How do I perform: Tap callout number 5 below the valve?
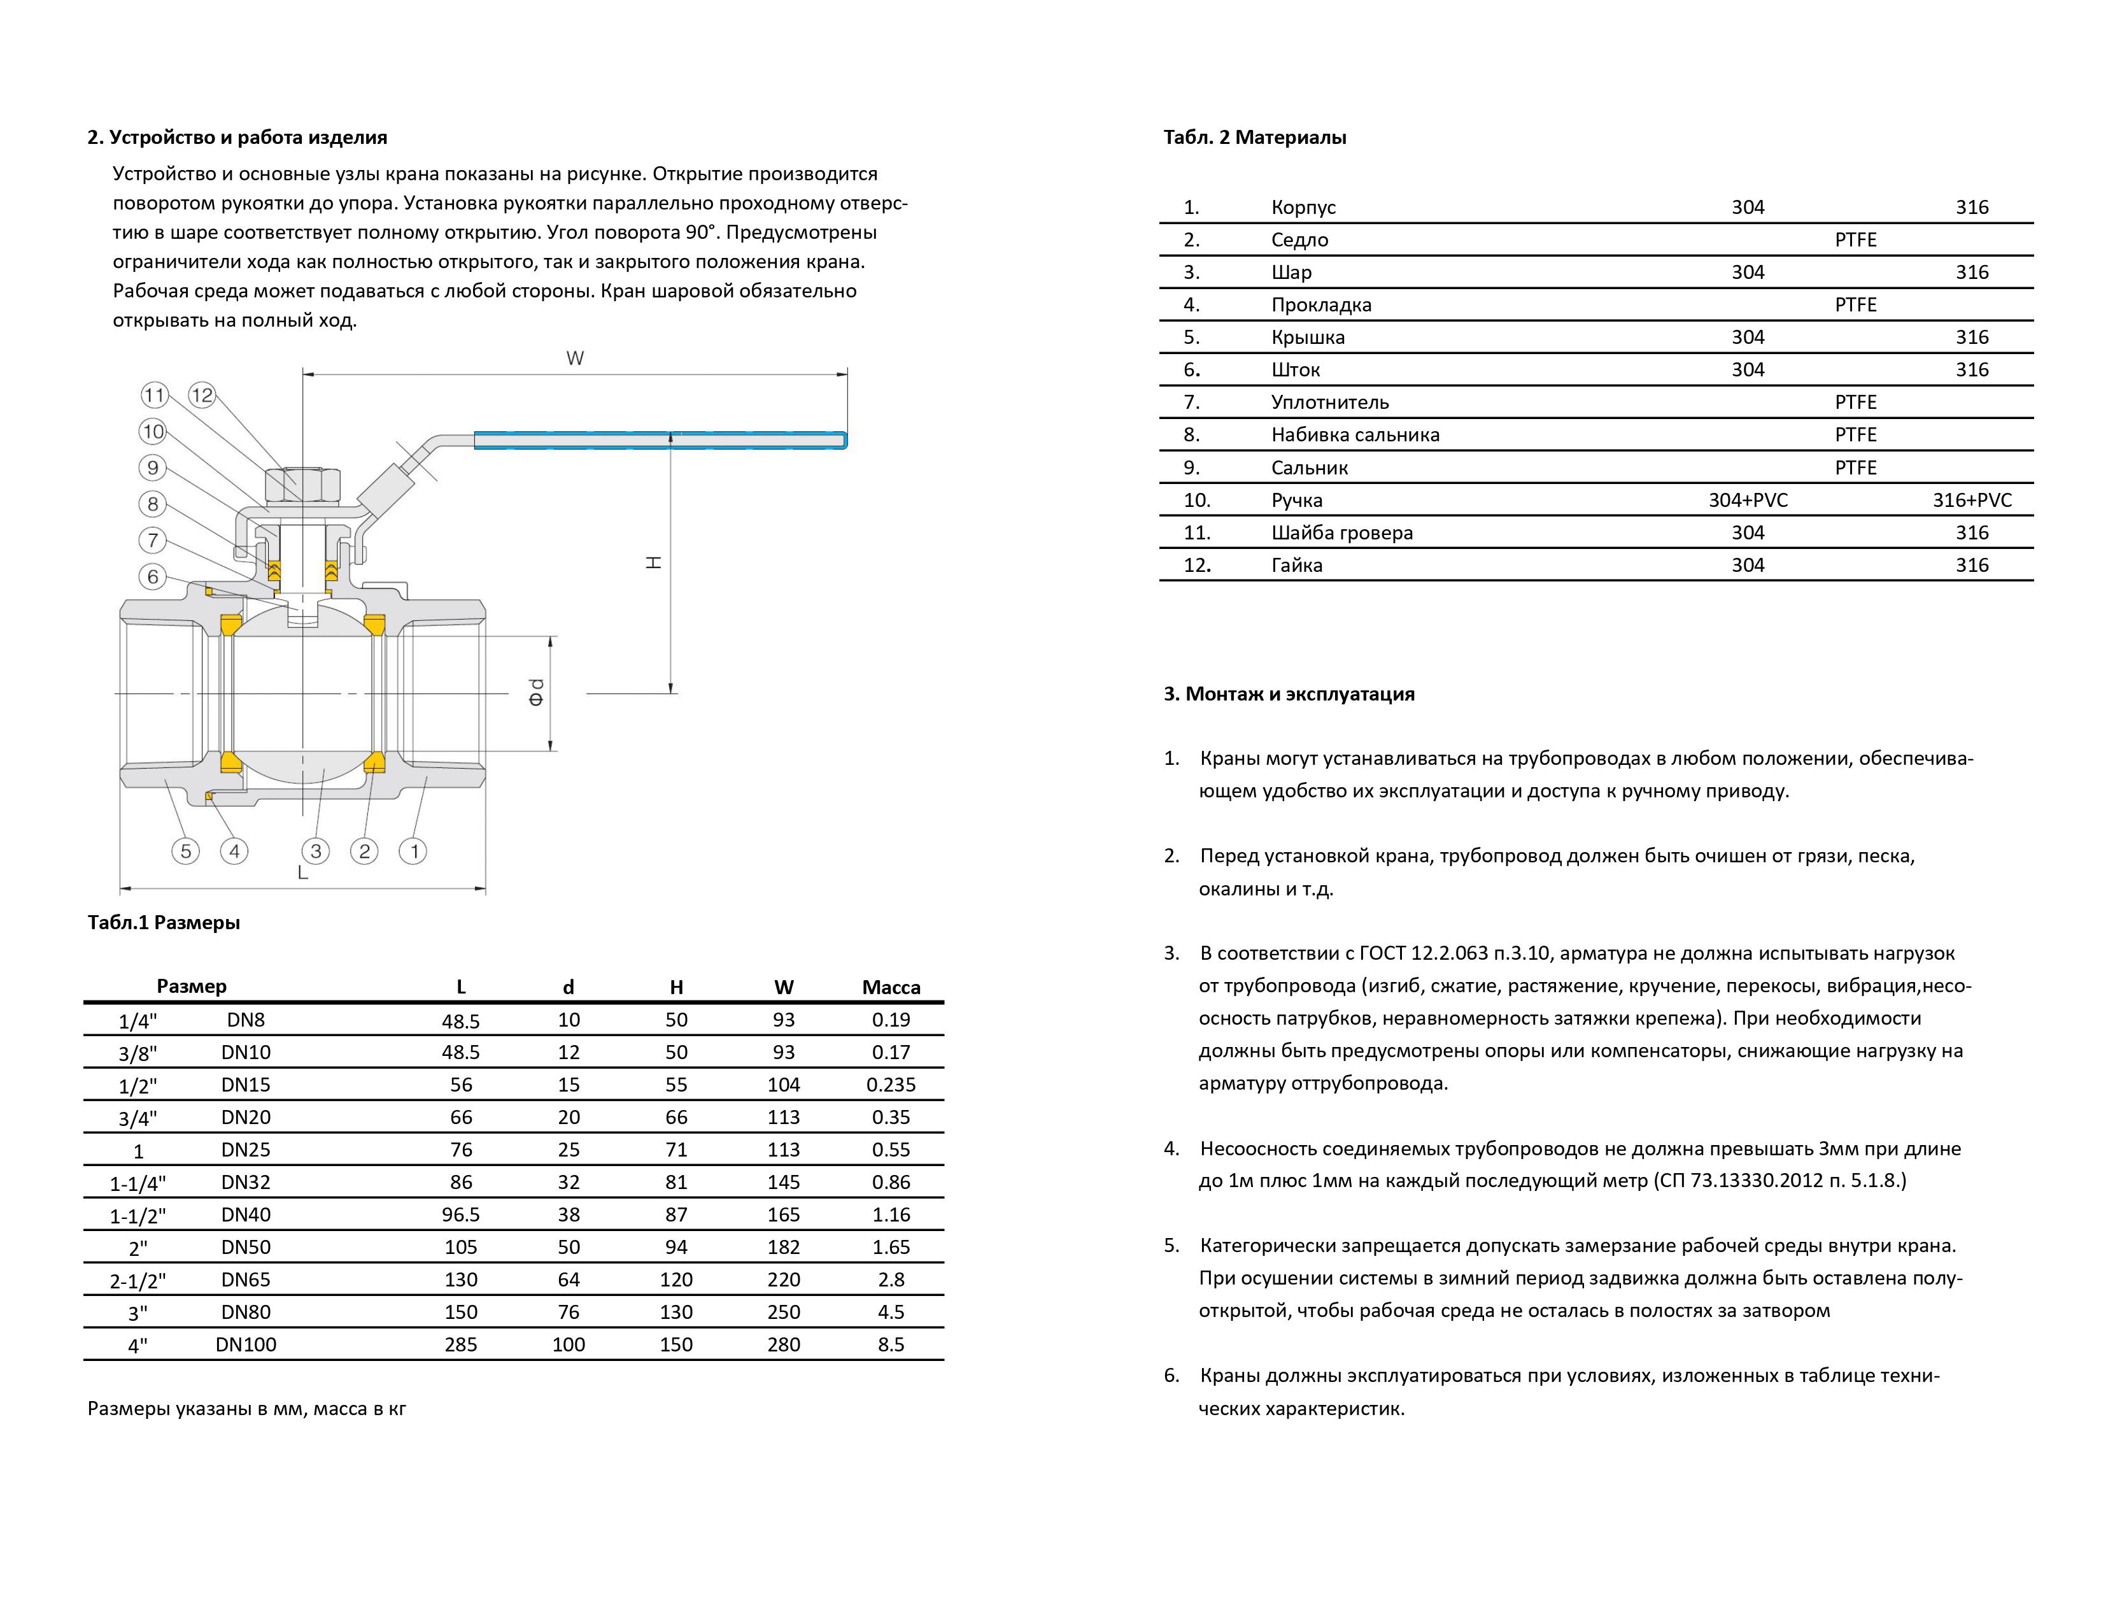186,850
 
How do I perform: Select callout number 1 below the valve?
414,850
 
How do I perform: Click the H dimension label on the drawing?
653,562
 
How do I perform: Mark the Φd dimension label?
536,692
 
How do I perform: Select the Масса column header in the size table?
891,987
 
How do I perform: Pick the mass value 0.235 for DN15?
891,1085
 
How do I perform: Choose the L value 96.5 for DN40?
461,1214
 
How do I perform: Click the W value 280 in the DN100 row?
783,1344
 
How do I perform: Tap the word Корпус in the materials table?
1303,207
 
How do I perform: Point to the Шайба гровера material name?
1342,532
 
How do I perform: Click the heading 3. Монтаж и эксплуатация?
1289,694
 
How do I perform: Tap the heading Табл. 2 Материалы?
1254,138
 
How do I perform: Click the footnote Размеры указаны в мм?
246,1409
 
